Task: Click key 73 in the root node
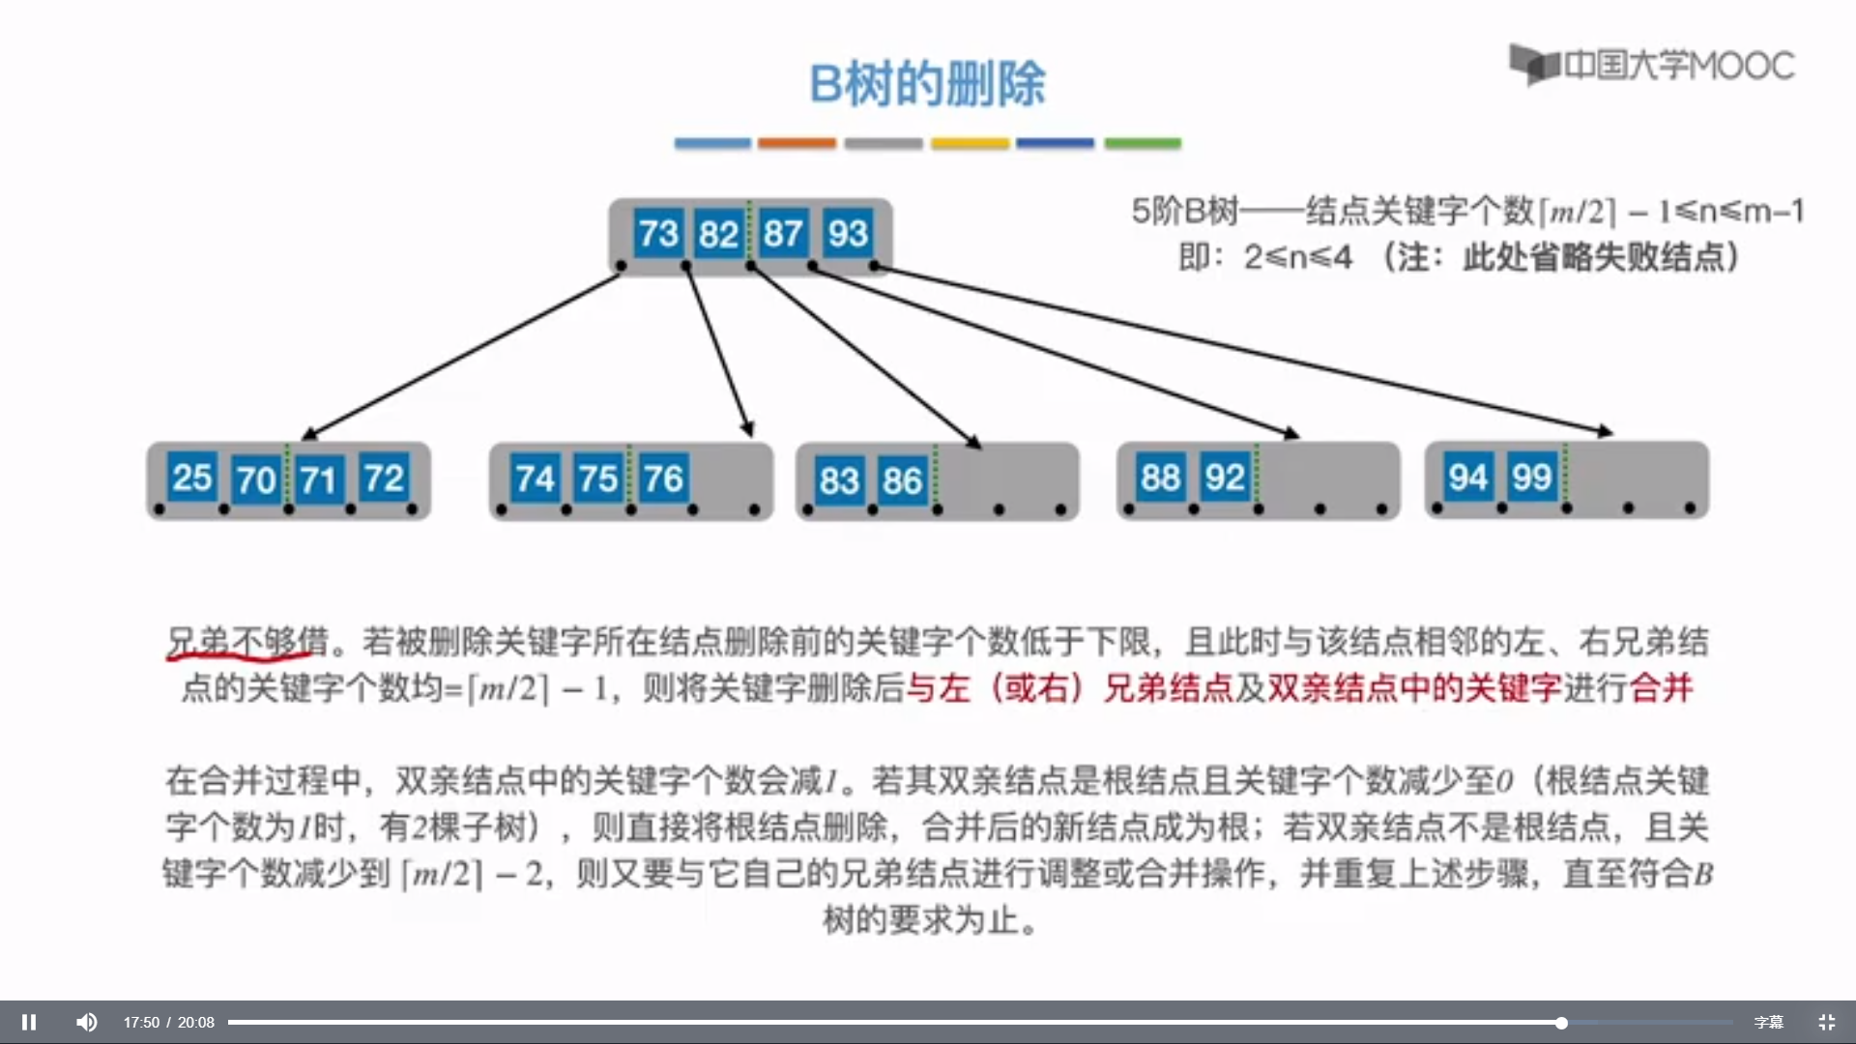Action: coord(658,234)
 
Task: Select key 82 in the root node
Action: coord(718,234)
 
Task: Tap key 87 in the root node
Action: coord(782,234)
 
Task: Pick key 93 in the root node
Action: coord(848,234)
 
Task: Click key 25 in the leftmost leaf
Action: coord(191,478)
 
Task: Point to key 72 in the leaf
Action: coord(384,478)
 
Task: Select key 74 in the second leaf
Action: coord(535,478)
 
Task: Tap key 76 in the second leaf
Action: coord(663,478)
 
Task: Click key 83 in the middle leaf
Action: coord(839,480)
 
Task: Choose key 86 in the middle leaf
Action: coord(902,480)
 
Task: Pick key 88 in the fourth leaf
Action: coord(1160,478)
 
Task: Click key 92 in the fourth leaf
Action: coord(1225,478)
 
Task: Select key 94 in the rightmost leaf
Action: coord(1467,477)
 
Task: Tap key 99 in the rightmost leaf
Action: coord(1532,477)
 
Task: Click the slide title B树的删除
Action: coord(927,83)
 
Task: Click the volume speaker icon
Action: coord(87,1022)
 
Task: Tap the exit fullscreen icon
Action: coord(1826,1022)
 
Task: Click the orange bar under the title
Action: coord(797,143)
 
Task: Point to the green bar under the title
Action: coord(1143,143)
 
